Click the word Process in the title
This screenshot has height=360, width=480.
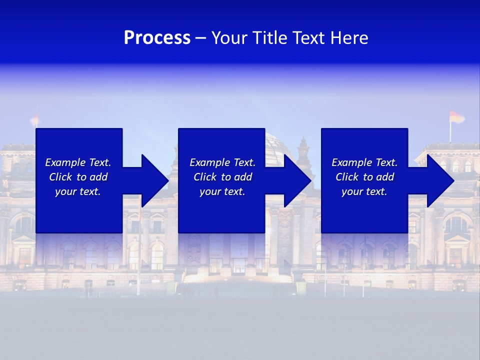[x=157, y=38]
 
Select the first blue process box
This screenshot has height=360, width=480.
[x=79, y=210]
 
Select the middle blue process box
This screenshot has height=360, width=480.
[x=221, y=210]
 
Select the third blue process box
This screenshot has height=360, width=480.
[x=364, y=210]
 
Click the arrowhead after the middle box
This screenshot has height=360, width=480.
[x=297, y=180]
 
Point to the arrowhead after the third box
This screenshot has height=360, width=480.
[x=439, y=180]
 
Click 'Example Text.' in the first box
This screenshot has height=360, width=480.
[x=78, y=162]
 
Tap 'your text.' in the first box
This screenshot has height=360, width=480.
[x=78, y=191]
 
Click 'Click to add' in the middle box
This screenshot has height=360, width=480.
[x=222, y=177]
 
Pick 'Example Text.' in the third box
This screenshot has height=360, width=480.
[x=364, y=162]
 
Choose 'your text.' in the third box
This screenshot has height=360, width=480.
[x=364, y=191]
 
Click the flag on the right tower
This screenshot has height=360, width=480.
[x=456, y=117]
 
